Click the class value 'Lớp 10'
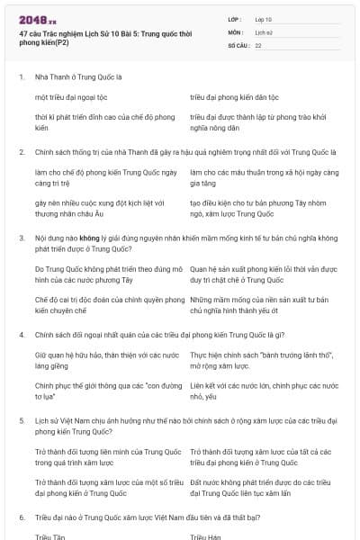[x=262, y=18]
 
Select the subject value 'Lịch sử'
[x=261, y=31]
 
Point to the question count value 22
[x=258, y=43]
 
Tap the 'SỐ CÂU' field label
[x=238, y=43]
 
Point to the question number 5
[x=21, y=420]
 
